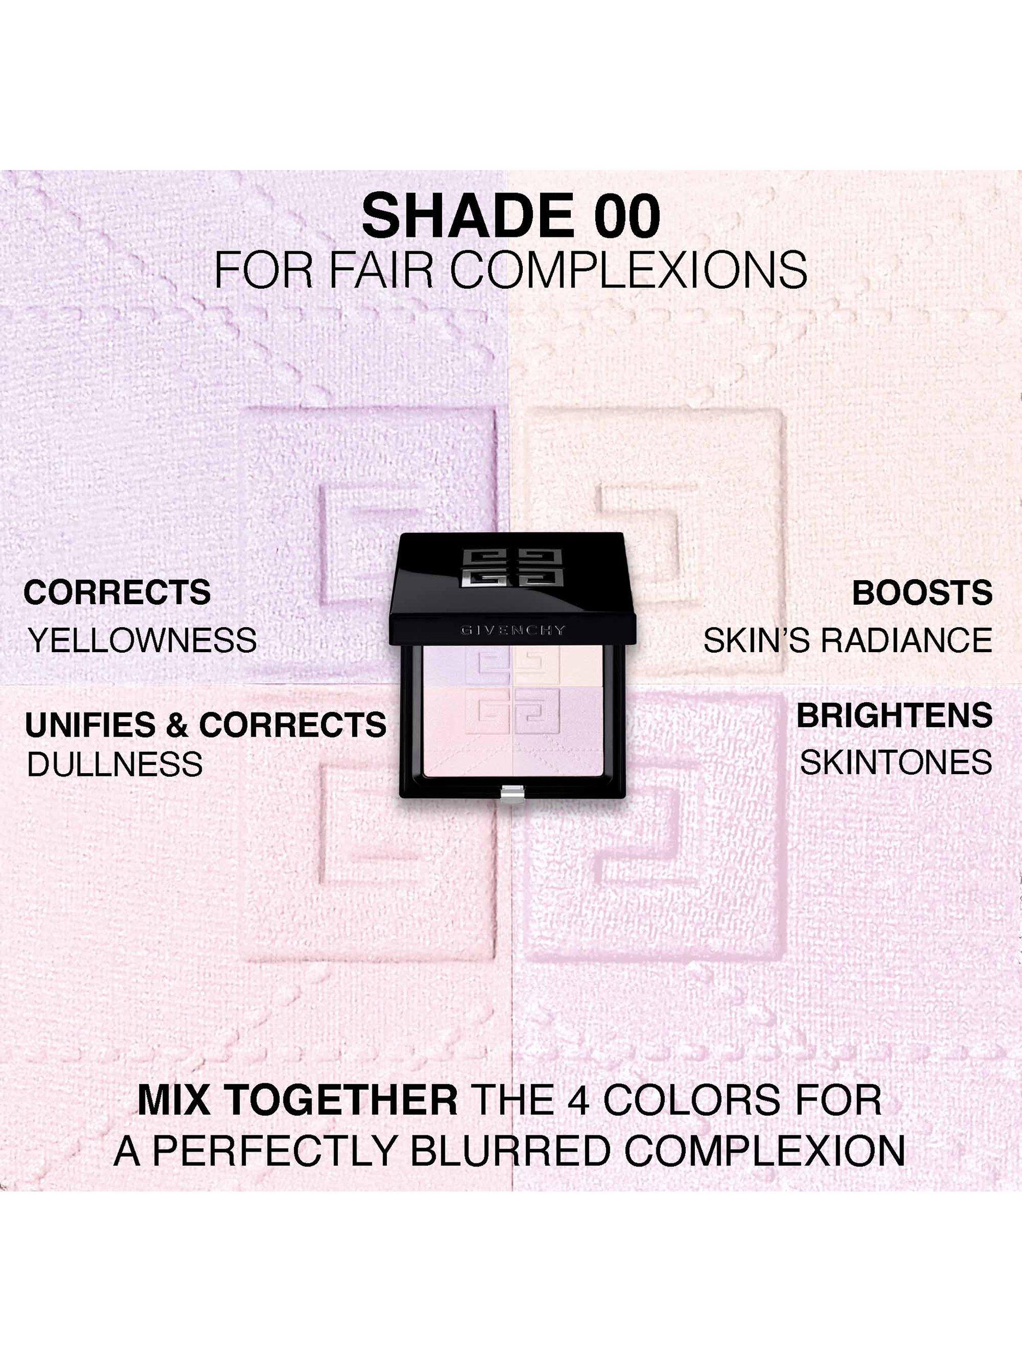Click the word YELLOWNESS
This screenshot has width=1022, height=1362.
(x=143, y=640)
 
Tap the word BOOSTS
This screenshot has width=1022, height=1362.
(x=922, y=592)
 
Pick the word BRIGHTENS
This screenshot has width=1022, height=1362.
(x=895, y=715)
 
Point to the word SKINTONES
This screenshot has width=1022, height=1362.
(x=896, y=763)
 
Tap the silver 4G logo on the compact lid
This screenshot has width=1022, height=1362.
(x=512, y=568)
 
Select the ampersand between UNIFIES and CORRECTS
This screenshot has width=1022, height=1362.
(x=177, y=725)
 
